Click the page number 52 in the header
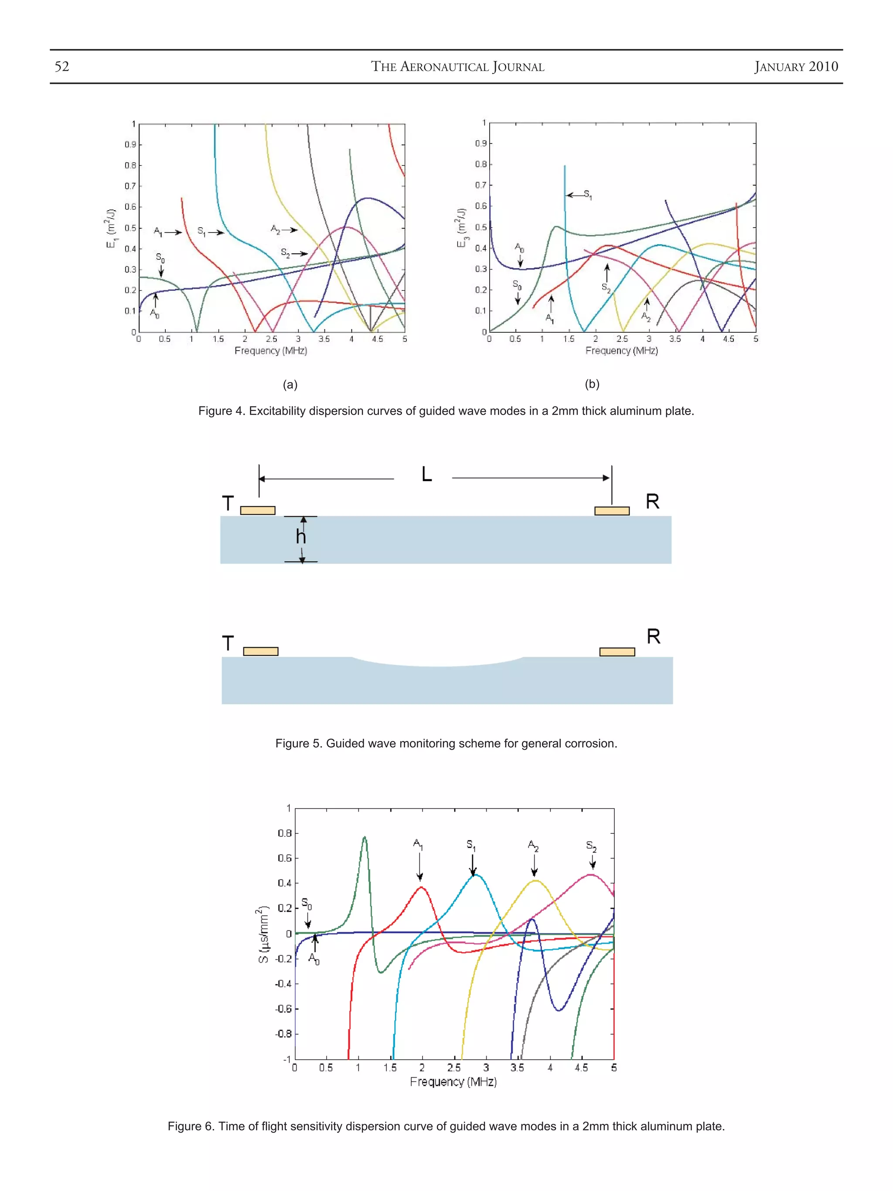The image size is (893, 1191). coord(62,66)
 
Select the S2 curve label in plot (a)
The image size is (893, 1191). coord(285,253)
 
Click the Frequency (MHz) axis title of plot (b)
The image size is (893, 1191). coord(621,351)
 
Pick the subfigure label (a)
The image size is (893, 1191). coord(290,385)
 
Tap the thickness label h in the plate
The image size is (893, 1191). coord(301,537)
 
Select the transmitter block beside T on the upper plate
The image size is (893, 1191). coord(257,510)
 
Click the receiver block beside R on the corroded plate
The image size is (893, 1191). coord(617,652)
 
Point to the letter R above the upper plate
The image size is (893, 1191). coord(652,502)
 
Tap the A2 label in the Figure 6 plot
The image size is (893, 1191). coord(533,845)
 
